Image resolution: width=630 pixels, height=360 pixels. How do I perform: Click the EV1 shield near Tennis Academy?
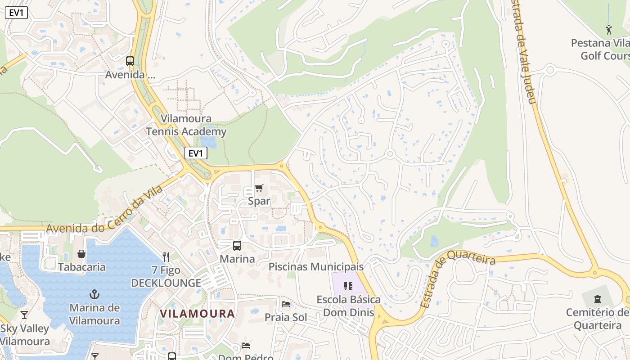pos(196,153)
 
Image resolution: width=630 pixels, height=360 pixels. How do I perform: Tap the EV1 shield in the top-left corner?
pos(16,13)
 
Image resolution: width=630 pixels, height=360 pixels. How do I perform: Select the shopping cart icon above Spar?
pos(259,188)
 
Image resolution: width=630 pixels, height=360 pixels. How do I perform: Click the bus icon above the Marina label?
pos(237,246)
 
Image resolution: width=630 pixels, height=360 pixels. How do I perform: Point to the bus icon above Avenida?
pos(130,61)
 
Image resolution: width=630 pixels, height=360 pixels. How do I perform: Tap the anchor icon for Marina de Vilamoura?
pos(94,295)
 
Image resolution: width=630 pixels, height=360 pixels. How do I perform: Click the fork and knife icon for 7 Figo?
pos(166,257)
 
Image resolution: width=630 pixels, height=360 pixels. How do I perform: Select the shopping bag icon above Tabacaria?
pos(81,254)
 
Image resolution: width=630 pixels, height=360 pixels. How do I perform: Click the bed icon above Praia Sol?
pos(286,304)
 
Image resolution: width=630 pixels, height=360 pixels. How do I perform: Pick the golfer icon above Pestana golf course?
pos(609,30)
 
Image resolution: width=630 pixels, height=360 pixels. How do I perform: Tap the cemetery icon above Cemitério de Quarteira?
pos(598,299)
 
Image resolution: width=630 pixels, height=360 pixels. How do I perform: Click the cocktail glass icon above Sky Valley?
pos(24,315)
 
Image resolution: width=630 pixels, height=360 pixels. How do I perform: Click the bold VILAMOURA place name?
pos(197,314)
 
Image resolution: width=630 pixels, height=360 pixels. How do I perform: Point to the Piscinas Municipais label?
pos(316,266)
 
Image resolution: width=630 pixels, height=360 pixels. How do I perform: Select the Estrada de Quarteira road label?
pos(458,279)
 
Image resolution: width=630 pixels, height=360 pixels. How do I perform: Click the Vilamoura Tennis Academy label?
pos(186,125)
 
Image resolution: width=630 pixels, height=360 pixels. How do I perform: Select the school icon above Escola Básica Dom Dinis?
pos(348,286)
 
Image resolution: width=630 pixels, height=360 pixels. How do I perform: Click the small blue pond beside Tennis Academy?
pos(208,142)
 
